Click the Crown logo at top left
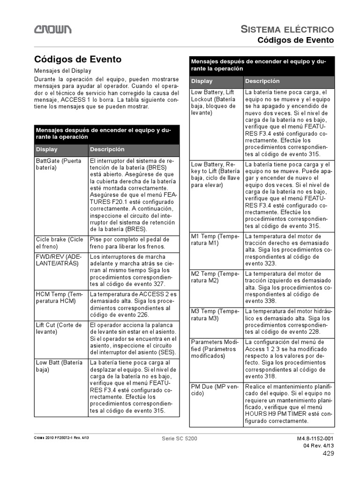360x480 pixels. click(52, 30)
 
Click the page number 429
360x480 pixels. click(328, 453)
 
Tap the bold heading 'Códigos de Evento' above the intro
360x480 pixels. click(78, 60)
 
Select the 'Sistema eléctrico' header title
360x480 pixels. click(287, 30)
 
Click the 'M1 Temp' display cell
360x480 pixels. click(215, 240)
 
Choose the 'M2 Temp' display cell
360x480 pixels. click(215, 277)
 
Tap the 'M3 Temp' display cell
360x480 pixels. click(215, 315)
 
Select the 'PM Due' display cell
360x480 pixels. click(215, 390)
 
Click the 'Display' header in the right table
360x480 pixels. click(202, 81)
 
